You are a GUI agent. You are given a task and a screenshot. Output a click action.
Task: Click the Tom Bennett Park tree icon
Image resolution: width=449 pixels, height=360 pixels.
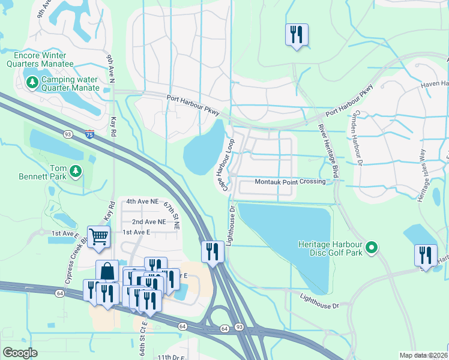pos(76,173)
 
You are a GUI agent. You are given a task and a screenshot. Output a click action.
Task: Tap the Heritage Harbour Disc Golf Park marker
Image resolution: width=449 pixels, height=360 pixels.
pos(372,247)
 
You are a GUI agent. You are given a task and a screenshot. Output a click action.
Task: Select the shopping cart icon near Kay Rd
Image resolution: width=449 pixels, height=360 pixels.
pos(98,236)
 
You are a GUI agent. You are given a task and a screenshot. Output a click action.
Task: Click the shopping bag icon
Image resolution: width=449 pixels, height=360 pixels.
pos(107,271)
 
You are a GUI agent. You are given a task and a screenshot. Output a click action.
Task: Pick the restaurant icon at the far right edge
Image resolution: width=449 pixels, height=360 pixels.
pos(425,254)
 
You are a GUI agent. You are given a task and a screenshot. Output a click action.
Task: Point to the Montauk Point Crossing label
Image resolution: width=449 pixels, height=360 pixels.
pos(289,181)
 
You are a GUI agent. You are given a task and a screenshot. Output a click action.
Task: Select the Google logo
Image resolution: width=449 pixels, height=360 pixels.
pos(20,353)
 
